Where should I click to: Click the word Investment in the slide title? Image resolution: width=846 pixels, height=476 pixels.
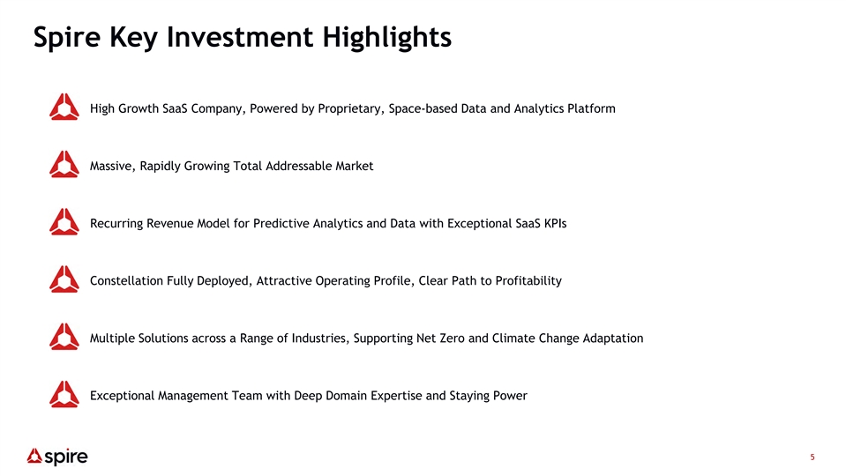tap(240, 37)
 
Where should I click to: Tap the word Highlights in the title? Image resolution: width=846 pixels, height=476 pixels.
tap(387, 38)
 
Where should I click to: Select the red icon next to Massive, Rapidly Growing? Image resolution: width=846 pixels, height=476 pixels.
tap(64, 164)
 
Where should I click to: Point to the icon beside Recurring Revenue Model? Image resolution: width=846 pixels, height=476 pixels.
tap(64, 221)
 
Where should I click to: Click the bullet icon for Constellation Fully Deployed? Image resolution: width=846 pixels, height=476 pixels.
tap(64, 279)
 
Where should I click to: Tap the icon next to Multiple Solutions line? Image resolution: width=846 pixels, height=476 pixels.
tap(64, 337)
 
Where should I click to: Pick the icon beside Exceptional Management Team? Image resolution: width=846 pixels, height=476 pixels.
tap(64, 394)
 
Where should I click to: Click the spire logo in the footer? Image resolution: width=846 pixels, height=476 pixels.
tap(57, 457)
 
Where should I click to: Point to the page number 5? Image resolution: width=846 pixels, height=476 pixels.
tap(812, 457)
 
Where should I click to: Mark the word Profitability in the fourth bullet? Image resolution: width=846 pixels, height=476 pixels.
tap(528, 281)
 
